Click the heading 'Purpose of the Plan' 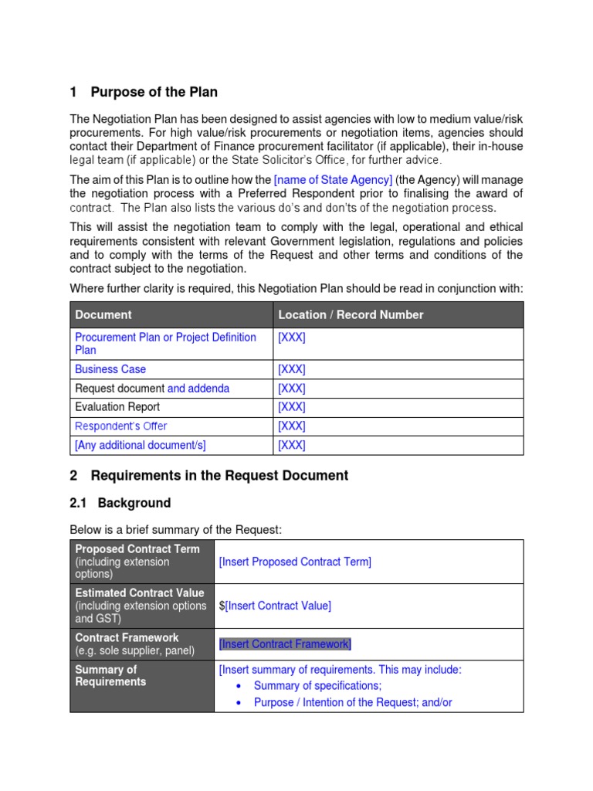coord(154,92)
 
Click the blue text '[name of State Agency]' coord(333,180)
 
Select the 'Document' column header coord(103,314)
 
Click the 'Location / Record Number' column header coord(351,314)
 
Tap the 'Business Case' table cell coord(110,369)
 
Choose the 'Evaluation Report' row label coord(117,407)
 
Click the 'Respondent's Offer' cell coord(120,426)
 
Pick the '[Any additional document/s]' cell coord(141,445)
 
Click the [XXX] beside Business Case coord(292,369)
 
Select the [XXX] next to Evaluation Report coord(292,407)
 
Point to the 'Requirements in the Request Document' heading coord(219,476)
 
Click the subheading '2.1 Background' coord(120,503)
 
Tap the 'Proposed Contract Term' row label coord(137,549)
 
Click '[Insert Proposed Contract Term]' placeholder coord(295,562)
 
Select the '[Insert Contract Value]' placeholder coord(278,606)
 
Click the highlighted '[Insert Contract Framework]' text coord(285,644)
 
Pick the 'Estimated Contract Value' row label coord(140,593)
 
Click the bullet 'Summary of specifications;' coord(317,685)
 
